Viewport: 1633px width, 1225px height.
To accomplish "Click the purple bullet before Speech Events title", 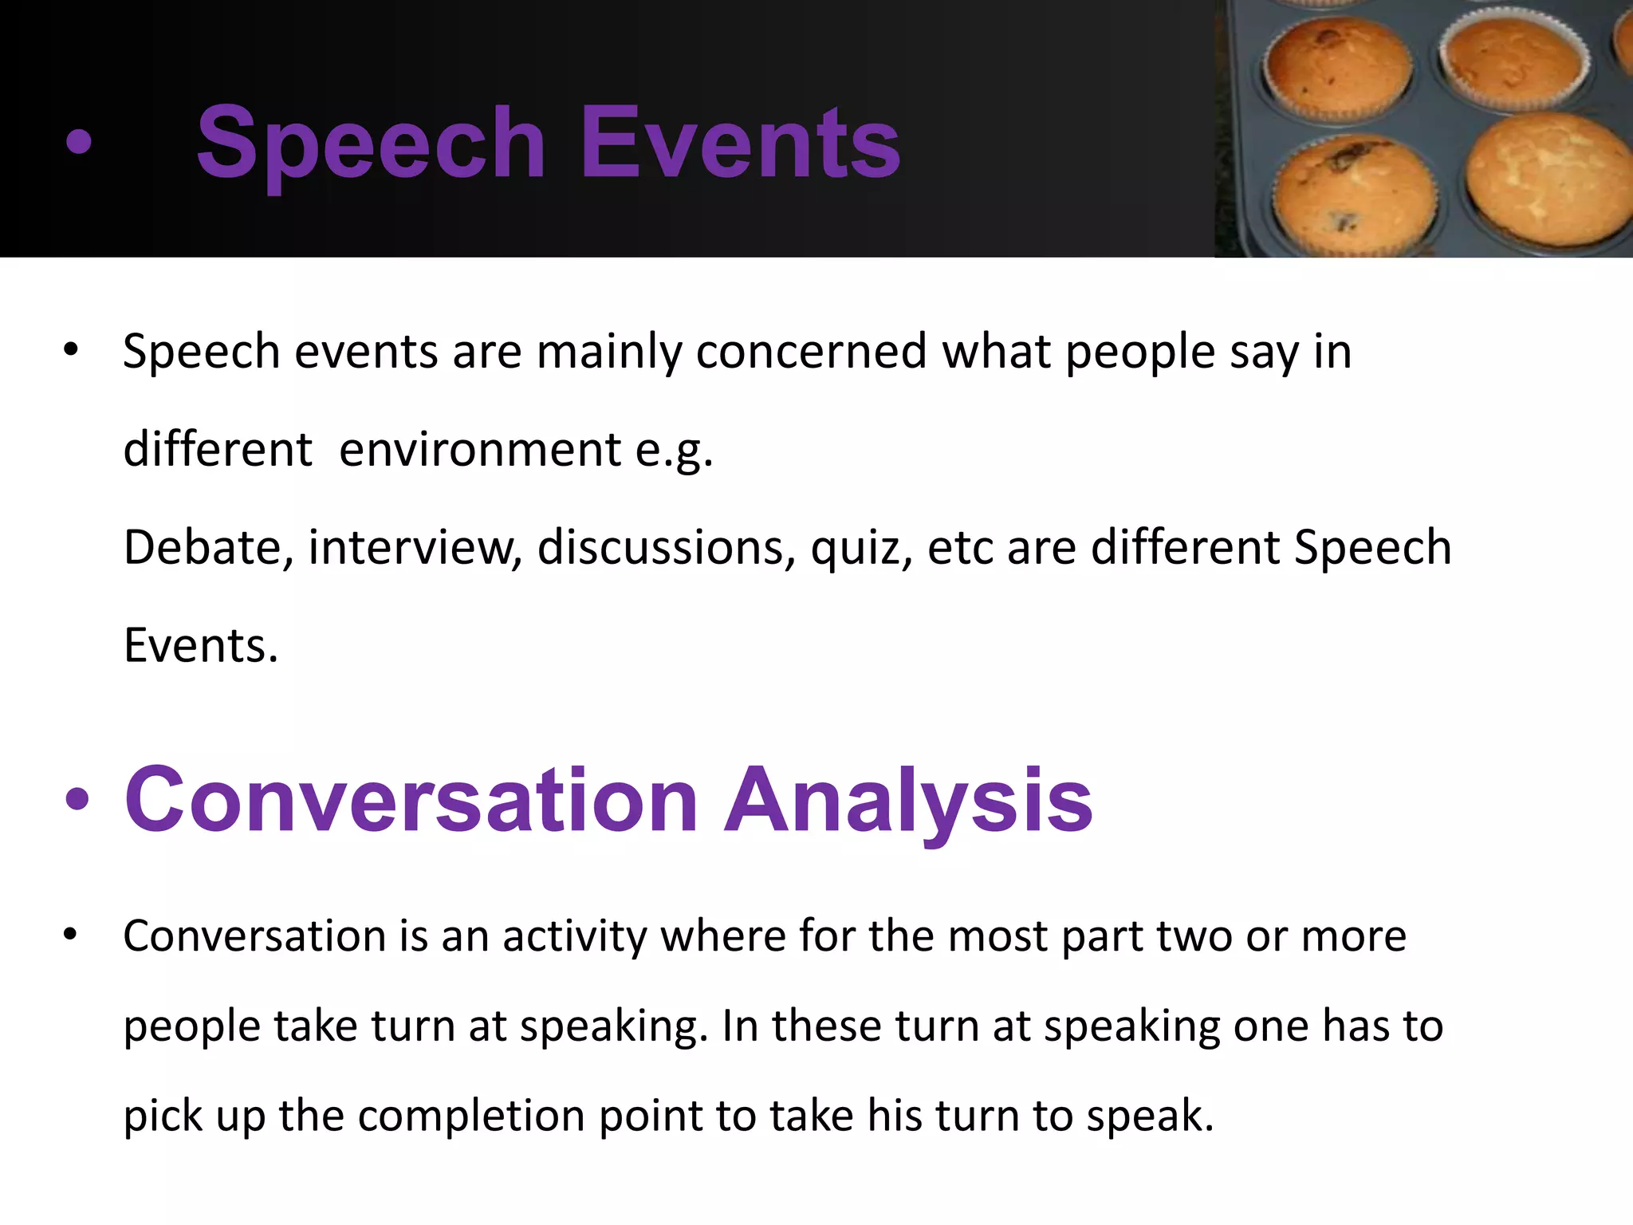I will pos(78,144).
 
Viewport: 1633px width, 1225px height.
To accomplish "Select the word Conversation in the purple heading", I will pos(411,800).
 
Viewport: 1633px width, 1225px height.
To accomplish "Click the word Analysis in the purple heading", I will pos(908,800).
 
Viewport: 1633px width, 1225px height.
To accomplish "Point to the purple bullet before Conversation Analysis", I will pos(77,800).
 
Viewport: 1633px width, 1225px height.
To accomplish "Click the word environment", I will pos(480,450).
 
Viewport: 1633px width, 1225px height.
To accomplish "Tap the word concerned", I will pos(811,351).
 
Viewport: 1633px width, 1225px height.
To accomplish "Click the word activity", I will pos(574,936).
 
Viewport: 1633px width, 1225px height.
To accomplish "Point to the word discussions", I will pos(667,549).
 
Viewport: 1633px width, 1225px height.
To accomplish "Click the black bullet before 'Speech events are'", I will pos(71,350).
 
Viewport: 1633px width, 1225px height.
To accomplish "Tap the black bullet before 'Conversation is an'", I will pos(71,935).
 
